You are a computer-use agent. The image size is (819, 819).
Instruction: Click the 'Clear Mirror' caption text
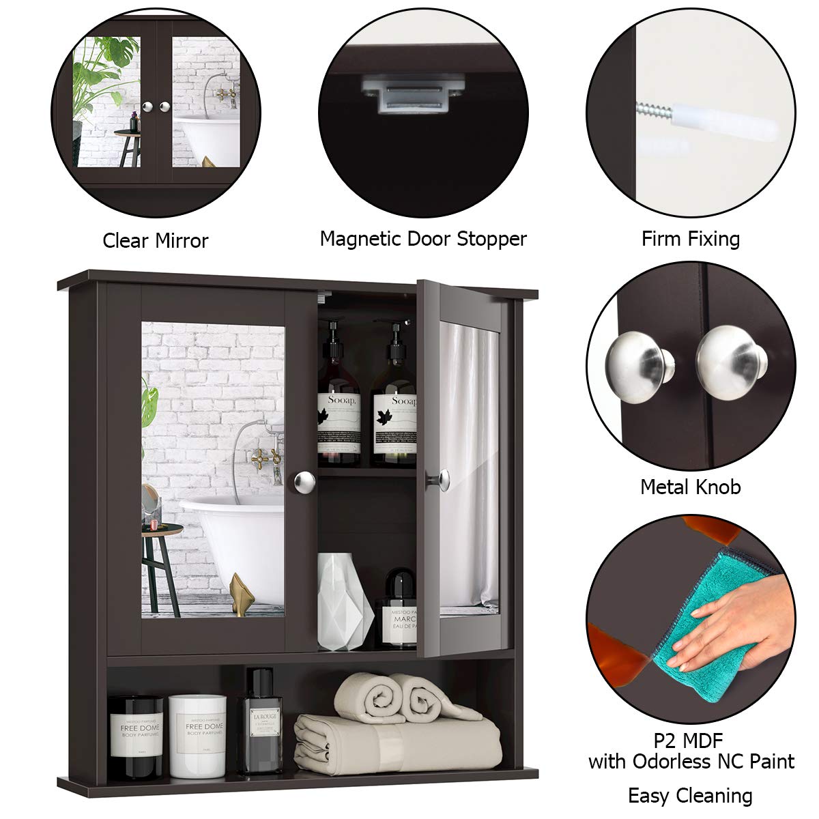pyautogui.click(x=155, y=240)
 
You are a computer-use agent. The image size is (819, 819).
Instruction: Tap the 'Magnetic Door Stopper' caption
pyautogui.click(x=423, y=239)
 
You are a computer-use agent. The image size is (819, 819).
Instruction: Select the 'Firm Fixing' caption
pyautogui.click(x=690, y=239)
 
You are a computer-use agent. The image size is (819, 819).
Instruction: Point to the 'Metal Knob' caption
pyautogui.click(x=690, y=487)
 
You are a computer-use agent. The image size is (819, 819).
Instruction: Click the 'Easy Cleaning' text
pyautogui.click(x=690, y=795)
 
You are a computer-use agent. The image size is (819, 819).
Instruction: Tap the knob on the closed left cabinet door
pyautogui.click(x=304, y=483)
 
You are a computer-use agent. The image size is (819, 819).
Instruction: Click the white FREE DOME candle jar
pyautogui.click(x=197, y=736)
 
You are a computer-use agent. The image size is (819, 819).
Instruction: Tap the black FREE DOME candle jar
pyautogui.click(x=136, y=737)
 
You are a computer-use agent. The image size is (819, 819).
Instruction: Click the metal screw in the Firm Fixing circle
pyautogui.click(x=654, y=109)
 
